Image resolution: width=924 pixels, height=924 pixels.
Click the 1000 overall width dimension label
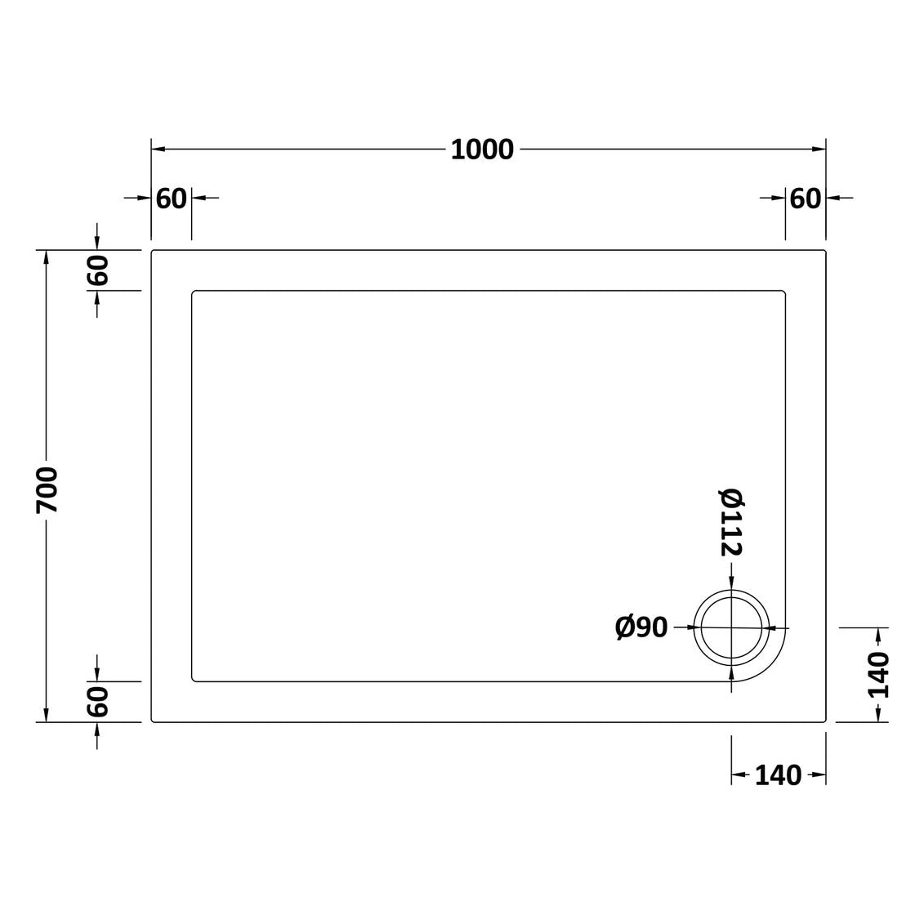(x=482, y=150)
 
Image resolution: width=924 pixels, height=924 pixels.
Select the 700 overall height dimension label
(x=47, y=489)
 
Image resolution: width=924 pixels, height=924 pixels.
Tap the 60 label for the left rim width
(x=172, y=199)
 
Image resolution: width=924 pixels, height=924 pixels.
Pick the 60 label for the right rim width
(x=806, y=199)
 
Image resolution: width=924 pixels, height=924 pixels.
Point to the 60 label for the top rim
(x=98, y=270)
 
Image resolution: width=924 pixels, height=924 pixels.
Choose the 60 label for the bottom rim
(x=98, y=701)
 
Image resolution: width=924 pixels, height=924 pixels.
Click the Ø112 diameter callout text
(x=730, y=522)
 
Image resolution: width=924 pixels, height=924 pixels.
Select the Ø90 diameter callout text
(x=641, y=627)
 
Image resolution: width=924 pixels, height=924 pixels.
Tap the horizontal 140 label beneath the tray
(x=778, y=775)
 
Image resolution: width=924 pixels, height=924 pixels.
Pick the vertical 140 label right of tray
(x=878, y=675)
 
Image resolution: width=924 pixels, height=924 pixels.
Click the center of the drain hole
(x=731, y=627)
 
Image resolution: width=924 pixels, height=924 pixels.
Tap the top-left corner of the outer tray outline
(x=153, y=251)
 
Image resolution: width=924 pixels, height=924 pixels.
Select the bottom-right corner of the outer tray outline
(x=825, y=722)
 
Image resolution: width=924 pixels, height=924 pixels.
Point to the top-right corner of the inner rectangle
(x=784, y=291)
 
